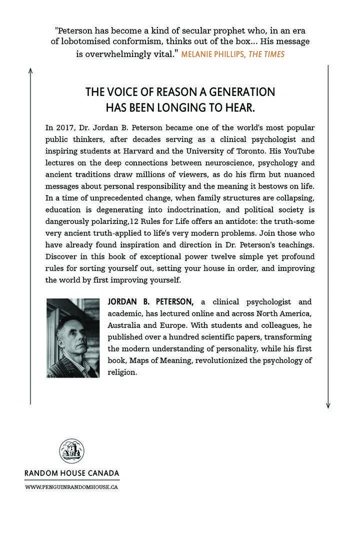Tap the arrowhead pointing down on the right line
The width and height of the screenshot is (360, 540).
tap(328, 405)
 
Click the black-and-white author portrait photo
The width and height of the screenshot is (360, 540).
tap(72, 337)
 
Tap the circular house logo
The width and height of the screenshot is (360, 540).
tap(72, 451)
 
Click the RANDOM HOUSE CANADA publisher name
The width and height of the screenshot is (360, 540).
tap(72, 473)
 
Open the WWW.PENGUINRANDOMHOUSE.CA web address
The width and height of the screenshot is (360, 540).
tap(72, 486)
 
